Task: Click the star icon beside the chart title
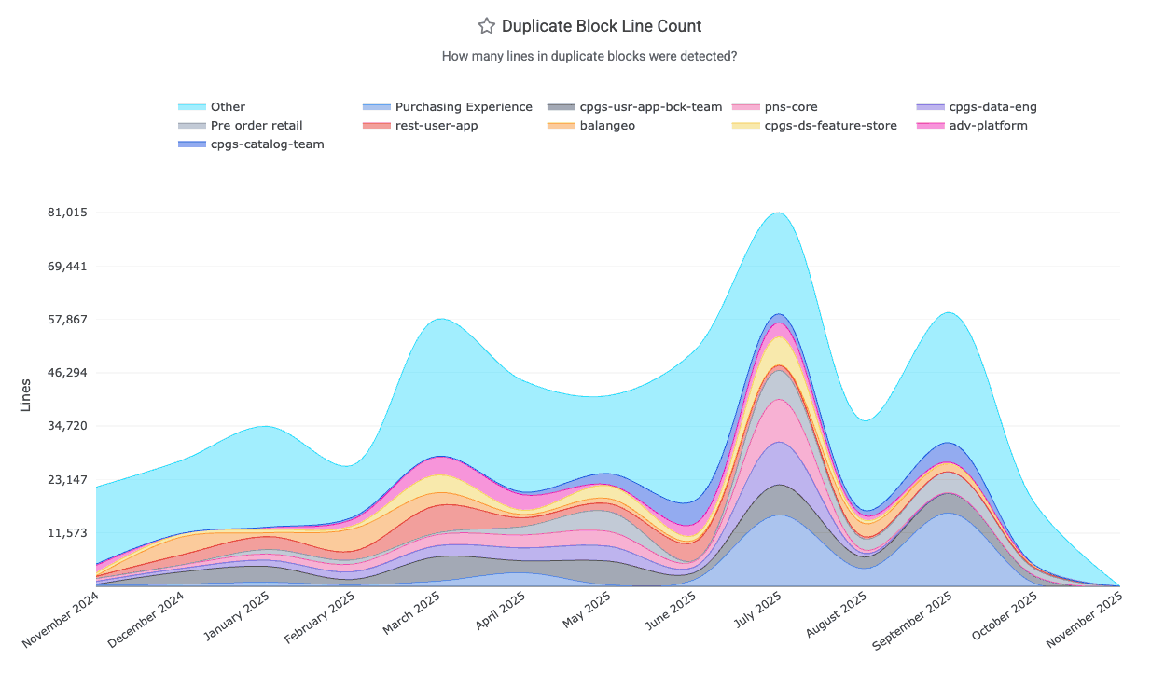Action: click(x=486, y=26)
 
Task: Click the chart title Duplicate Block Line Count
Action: click(x=601, y=26)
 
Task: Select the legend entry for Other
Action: click(x=228, y=107)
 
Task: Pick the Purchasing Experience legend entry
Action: click(x=463, y=107)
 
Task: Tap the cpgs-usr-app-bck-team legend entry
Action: click(x=650, y=107)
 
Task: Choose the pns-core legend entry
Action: click(x=790, y=107)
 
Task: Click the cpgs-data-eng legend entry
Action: click(x=992, y=107)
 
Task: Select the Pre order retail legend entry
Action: click(x=256, y=126)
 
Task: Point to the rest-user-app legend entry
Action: click(x=436, y=126)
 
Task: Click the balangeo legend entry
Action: click(x=606, y=126)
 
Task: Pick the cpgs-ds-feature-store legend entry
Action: click(x=830, y=126)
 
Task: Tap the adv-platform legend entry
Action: click(x=988, y=126)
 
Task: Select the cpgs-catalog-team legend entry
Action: click(x=267, y=144)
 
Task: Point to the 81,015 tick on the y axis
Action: click(x=67, y=213)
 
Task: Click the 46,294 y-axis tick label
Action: click(x=67, y=373)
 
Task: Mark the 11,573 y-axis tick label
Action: click(x=67, y=533)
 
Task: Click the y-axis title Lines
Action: click(x=25, y=395)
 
